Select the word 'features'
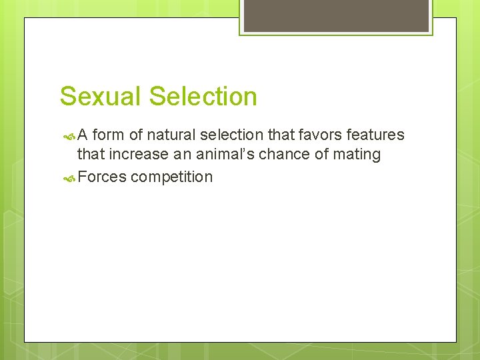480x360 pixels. [x=375, y=135]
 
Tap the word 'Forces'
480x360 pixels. [x=102, y=177]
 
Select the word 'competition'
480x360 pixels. [x=172, y=178]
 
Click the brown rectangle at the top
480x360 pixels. [x=336, y=15]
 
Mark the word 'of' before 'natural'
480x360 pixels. [x=135, y=135]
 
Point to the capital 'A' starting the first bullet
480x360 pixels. [x=83, y=135]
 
